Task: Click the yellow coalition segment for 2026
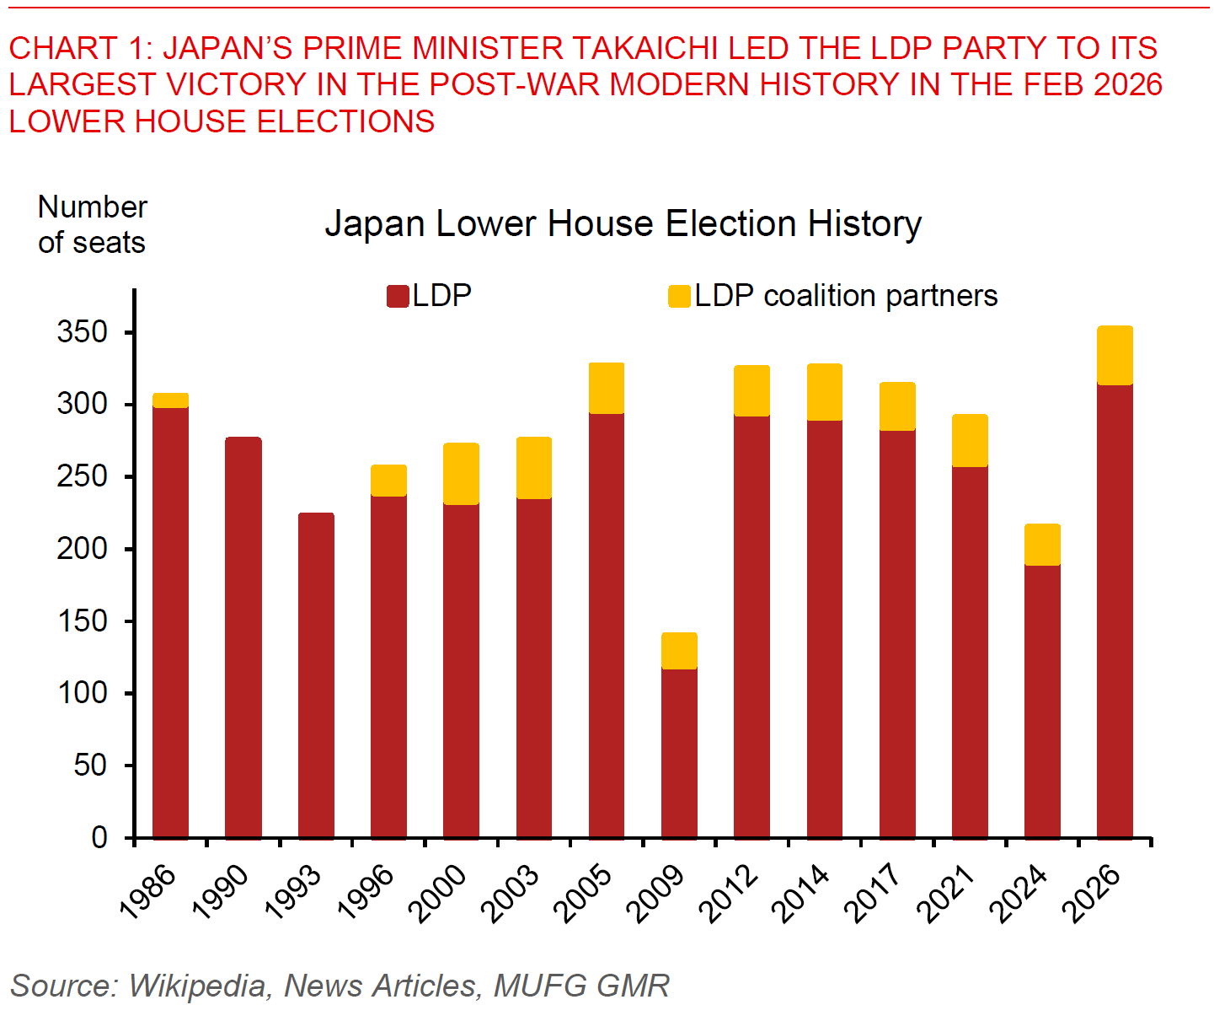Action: [x=1115, y=355]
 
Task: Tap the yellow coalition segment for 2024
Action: [x=1042, y=545]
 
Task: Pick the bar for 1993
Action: [x=316, y=674]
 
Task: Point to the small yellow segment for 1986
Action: [x=170, y=400]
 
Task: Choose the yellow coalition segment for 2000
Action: [x=461, y=474]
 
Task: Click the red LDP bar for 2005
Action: [x=607, y=626]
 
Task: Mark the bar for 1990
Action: [x=243, y=637]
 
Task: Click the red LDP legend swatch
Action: [x=398, y=296]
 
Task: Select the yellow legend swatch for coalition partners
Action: [x=679, y=296]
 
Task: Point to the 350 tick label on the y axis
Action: [x=83, y=332]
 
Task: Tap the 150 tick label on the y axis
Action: [x=83, y=621]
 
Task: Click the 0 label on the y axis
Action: [x=99, y=837]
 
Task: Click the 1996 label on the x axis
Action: [x=366, y=894]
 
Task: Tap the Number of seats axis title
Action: [x=92, y=224]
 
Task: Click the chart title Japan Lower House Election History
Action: [x=623, y=224]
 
